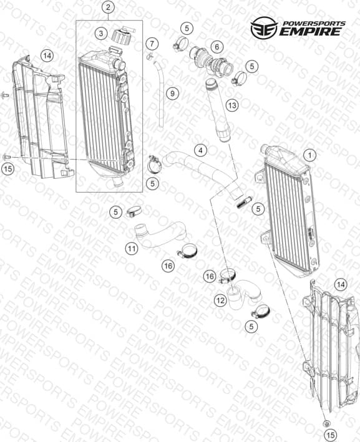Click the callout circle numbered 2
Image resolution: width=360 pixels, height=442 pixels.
click(109, 7)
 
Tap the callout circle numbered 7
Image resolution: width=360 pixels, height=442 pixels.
click(152, 44)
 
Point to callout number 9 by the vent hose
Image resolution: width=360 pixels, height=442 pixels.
click(172, 94)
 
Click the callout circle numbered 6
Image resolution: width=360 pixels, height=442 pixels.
click(217, 47)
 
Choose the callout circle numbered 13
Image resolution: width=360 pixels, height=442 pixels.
click(232, 105)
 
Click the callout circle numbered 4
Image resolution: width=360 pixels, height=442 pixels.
click(200, 150)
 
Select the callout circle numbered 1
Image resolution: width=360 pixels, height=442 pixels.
click(310, 155)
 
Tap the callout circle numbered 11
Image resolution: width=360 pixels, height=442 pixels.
click(132, 249)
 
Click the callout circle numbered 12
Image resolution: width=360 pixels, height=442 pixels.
click(220, 300)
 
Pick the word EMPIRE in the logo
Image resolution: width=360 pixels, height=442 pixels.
click(310, 31)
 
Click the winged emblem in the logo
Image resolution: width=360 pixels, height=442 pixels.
click(264, 27)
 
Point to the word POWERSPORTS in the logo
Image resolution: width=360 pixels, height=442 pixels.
click(314, 24)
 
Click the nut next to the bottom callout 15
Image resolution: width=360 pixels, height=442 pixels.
click(327, 423)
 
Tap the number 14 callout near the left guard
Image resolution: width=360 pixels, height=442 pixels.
click(47, 56)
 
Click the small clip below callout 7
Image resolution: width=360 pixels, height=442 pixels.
click(149, 56)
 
